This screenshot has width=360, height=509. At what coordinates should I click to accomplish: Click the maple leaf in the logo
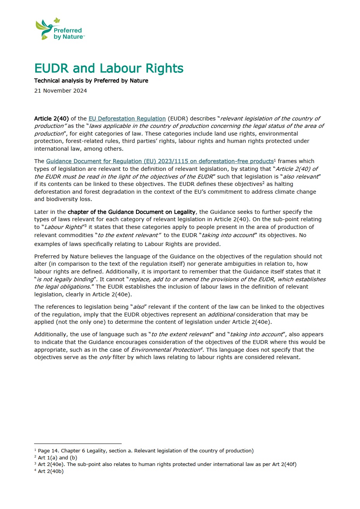tap(57, 21)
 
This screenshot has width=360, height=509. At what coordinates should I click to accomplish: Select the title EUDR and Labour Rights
tap(109, 68)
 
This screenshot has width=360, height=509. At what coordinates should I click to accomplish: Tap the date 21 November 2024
tap(60, 91)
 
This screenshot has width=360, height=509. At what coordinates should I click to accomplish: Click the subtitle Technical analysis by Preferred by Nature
tap(91, 81)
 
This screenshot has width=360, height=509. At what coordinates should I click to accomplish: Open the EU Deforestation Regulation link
tap(127, 119)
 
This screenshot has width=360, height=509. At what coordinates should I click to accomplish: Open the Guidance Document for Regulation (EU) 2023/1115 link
tap(160, 161)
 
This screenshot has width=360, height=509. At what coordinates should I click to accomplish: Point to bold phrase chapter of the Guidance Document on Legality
tap(132, 212)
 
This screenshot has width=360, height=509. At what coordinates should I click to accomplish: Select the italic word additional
tap(221, 315)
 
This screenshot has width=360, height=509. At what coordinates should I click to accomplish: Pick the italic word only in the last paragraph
tap(105, 357)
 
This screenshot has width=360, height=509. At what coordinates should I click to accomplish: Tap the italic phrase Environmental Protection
tap(165, 350)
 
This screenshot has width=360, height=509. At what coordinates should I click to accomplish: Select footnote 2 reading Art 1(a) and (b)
tap(57, 457)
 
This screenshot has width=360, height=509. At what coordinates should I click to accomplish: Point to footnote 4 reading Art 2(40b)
tap(50, 471)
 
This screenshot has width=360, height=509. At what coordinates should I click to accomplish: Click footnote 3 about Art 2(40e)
tap(167, 464)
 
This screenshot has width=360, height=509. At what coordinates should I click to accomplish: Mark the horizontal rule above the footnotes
tap(78, 444)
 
